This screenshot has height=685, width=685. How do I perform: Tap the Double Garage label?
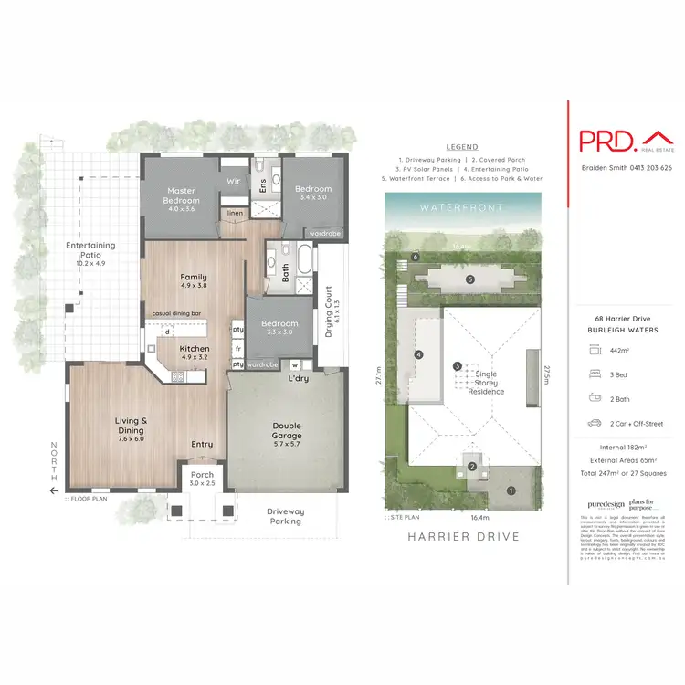click(x=288, y=429)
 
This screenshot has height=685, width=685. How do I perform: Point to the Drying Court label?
click(x=331, y=319)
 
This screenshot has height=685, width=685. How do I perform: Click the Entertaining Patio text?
click(x=90, y=250)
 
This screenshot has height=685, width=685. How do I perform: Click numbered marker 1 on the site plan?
click(x=511, y=490)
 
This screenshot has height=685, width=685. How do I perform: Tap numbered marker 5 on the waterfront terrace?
click(x=469, y=279)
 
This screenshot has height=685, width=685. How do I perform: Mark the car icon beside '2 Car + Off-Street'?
click(x=595, y=424)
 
